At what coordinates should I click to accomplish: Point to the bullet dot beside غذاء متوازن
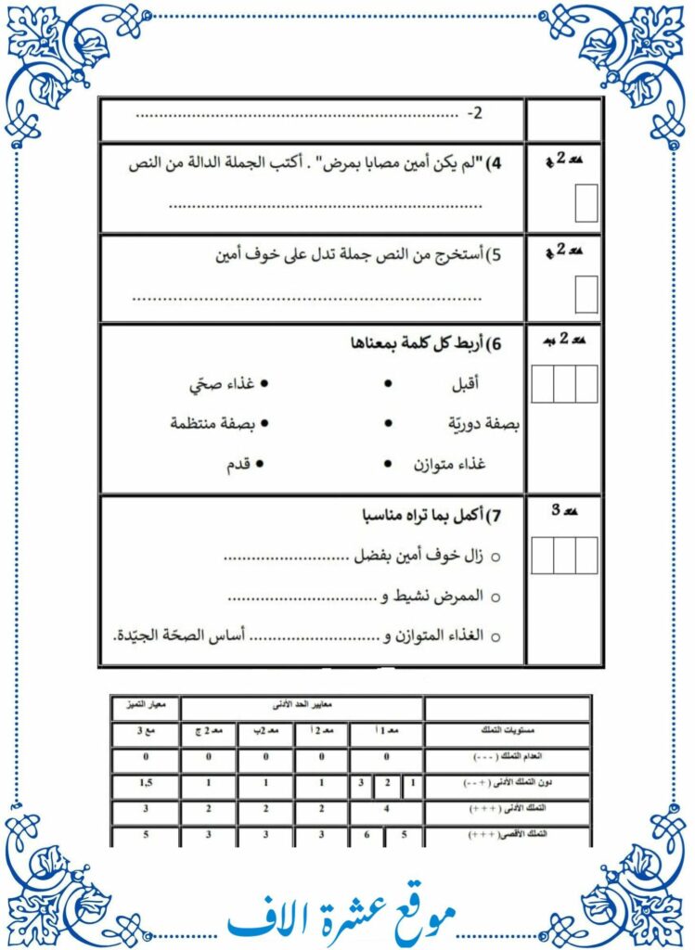[388, 463]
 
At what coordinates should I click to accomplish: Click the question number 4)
[494, 164]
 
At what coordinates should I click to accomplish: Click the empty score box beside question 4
[586, 203]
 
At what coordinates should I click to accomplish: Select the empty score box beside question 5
[586, 294]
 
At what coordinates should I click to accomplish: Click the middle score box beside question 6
[564, 383]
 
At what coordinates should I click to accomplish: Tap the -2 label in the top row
[475, 114]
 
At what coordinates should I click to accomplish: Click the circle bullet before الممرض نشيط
[495, 597]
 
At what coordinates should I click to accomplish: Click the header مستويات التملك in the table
[507, 733]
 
